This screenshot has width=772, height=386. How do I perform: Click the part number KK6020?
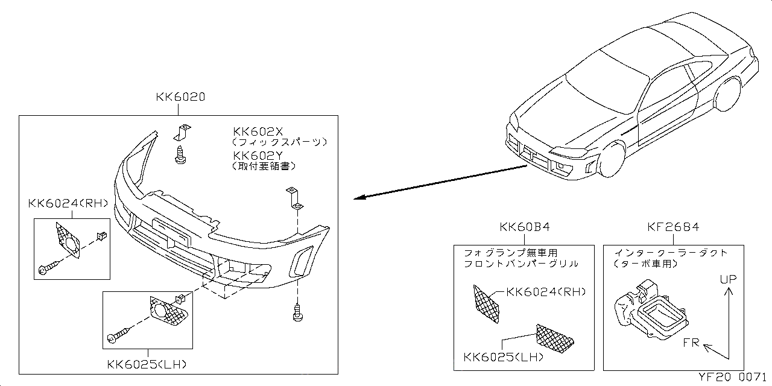pyautogui.click(x=180, y=96)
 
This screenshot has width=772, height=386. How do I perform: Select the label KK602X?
pyautogui.click(x=258, y=131)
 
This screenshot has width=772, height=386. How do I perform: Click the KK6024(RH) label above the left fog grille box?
pyautogui.click(x=68, y=203)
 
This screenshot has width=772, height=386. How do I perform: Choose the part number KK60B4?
pyautogui.click(x=524, y=227)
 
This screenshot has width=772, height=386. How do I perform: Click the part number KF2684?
pyautogui.click(x=673, y=227)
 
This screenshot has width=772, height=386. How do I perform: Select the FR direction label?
pyautogui.click(x=691, y=343)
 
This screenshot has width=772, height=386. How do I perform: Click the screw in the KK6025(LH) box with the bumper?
pyautogui.click(x=119, y=335)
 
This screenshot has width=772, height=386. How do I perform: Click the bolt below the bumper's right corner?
pyautogui.click(x=297, y=312)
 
